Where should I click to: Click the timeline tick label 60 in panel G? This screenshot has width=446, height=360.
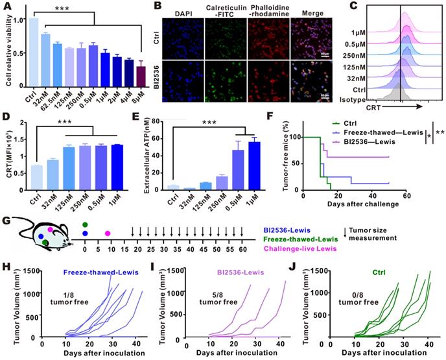[x=242, y=249]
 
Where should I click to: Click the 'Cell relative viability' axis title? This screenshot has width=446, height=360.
[x=6, y=49]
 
